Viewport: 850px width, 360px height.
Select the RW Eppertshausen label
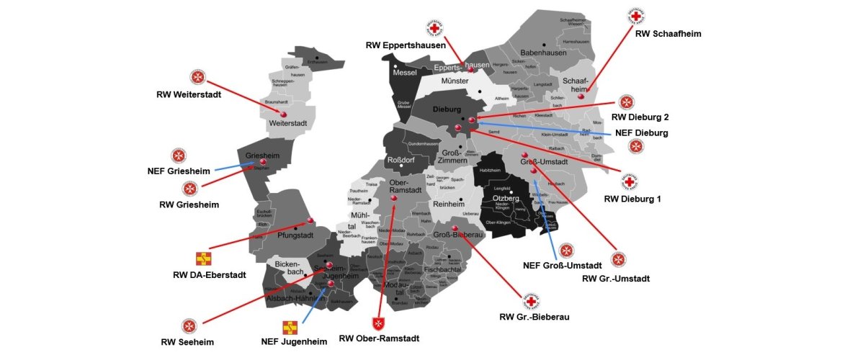(405, 45)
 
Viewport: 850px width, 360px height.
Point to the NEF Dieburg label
(642, 132)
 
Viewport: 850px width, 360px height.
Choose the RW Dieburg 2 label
(639, 117)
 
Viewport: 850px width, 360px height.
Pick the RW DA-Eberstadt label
(210, 274)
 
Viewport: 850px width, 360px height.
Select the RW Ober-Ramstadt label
(379, 338)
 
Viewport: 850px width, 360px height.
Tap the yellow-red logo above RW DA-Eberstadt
(204, 258)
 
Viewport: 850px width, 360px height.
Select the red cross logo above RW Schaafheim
(636, 16)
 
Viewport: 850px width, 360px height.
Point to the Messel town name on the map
(405, 73)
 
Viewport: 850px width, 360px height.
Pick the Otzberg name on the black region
(506, 197)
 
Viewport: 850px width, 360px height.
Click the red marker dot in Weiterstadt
(283, 114)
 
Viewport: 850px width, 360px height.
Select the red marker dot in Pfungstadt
(311, 220)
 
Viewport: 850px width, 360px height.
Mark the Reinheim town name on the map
(449, 204)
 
